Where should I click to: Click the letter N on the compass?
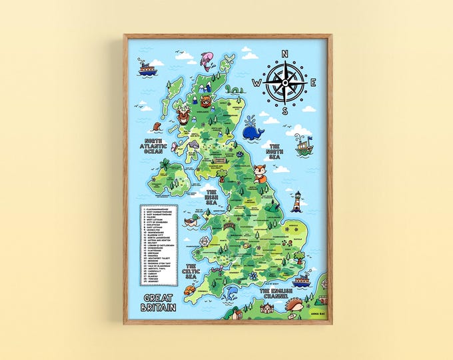click(x=284, y=55)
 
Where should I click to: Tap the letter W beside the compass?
click(x=256, y=83)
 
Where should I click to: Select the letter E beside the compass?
click(x=313, y=83)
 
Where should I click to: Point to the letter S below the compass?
click(x=284, y=111)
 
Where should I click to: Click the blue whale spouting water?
click(x=252, y=130)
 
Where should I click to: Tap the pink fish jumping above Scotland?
click(x=207, y=60)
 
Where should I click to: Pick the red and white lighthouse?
click(x=297, y=201)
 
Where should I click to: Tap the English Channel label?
click(x=282, y=293)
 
